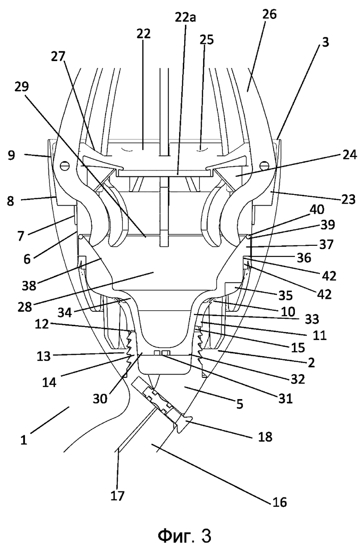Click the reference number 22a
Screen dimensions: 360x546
(185, 16)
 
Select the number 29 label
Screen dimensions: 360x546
(22, 87)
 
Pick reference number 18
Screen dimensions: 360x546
(265, 437)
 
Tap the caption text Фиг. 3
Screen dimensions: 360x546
(185, 534)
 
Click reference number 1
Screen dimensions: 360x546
(23, 440)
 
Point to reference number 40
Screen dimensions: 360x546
(317, 210)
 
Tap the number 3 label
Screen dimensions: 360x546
(325, 42)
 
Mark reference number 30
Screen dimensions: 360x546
(100, 398)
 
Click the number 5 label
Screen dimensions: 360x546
(240, 404)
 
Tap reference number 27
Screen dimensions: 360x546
(58, 57)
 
